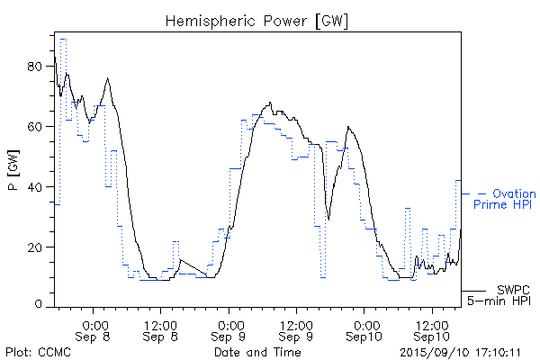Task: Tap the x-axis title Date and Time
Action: [257, 352]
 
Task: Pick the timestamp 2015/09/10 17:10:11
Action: [460, 352]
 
